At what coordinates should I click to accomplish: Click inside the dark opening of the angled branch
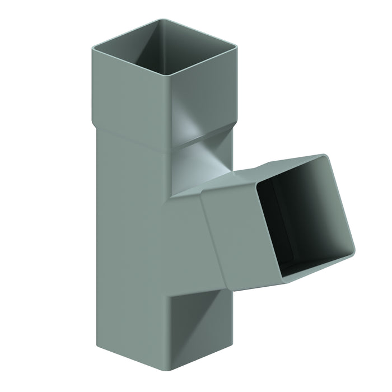click(x=302, y=224)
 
